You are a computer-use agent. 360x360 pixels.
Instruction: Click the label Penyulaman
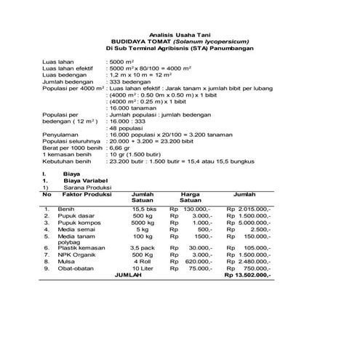pyautogui.click(x=60, y=135)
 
